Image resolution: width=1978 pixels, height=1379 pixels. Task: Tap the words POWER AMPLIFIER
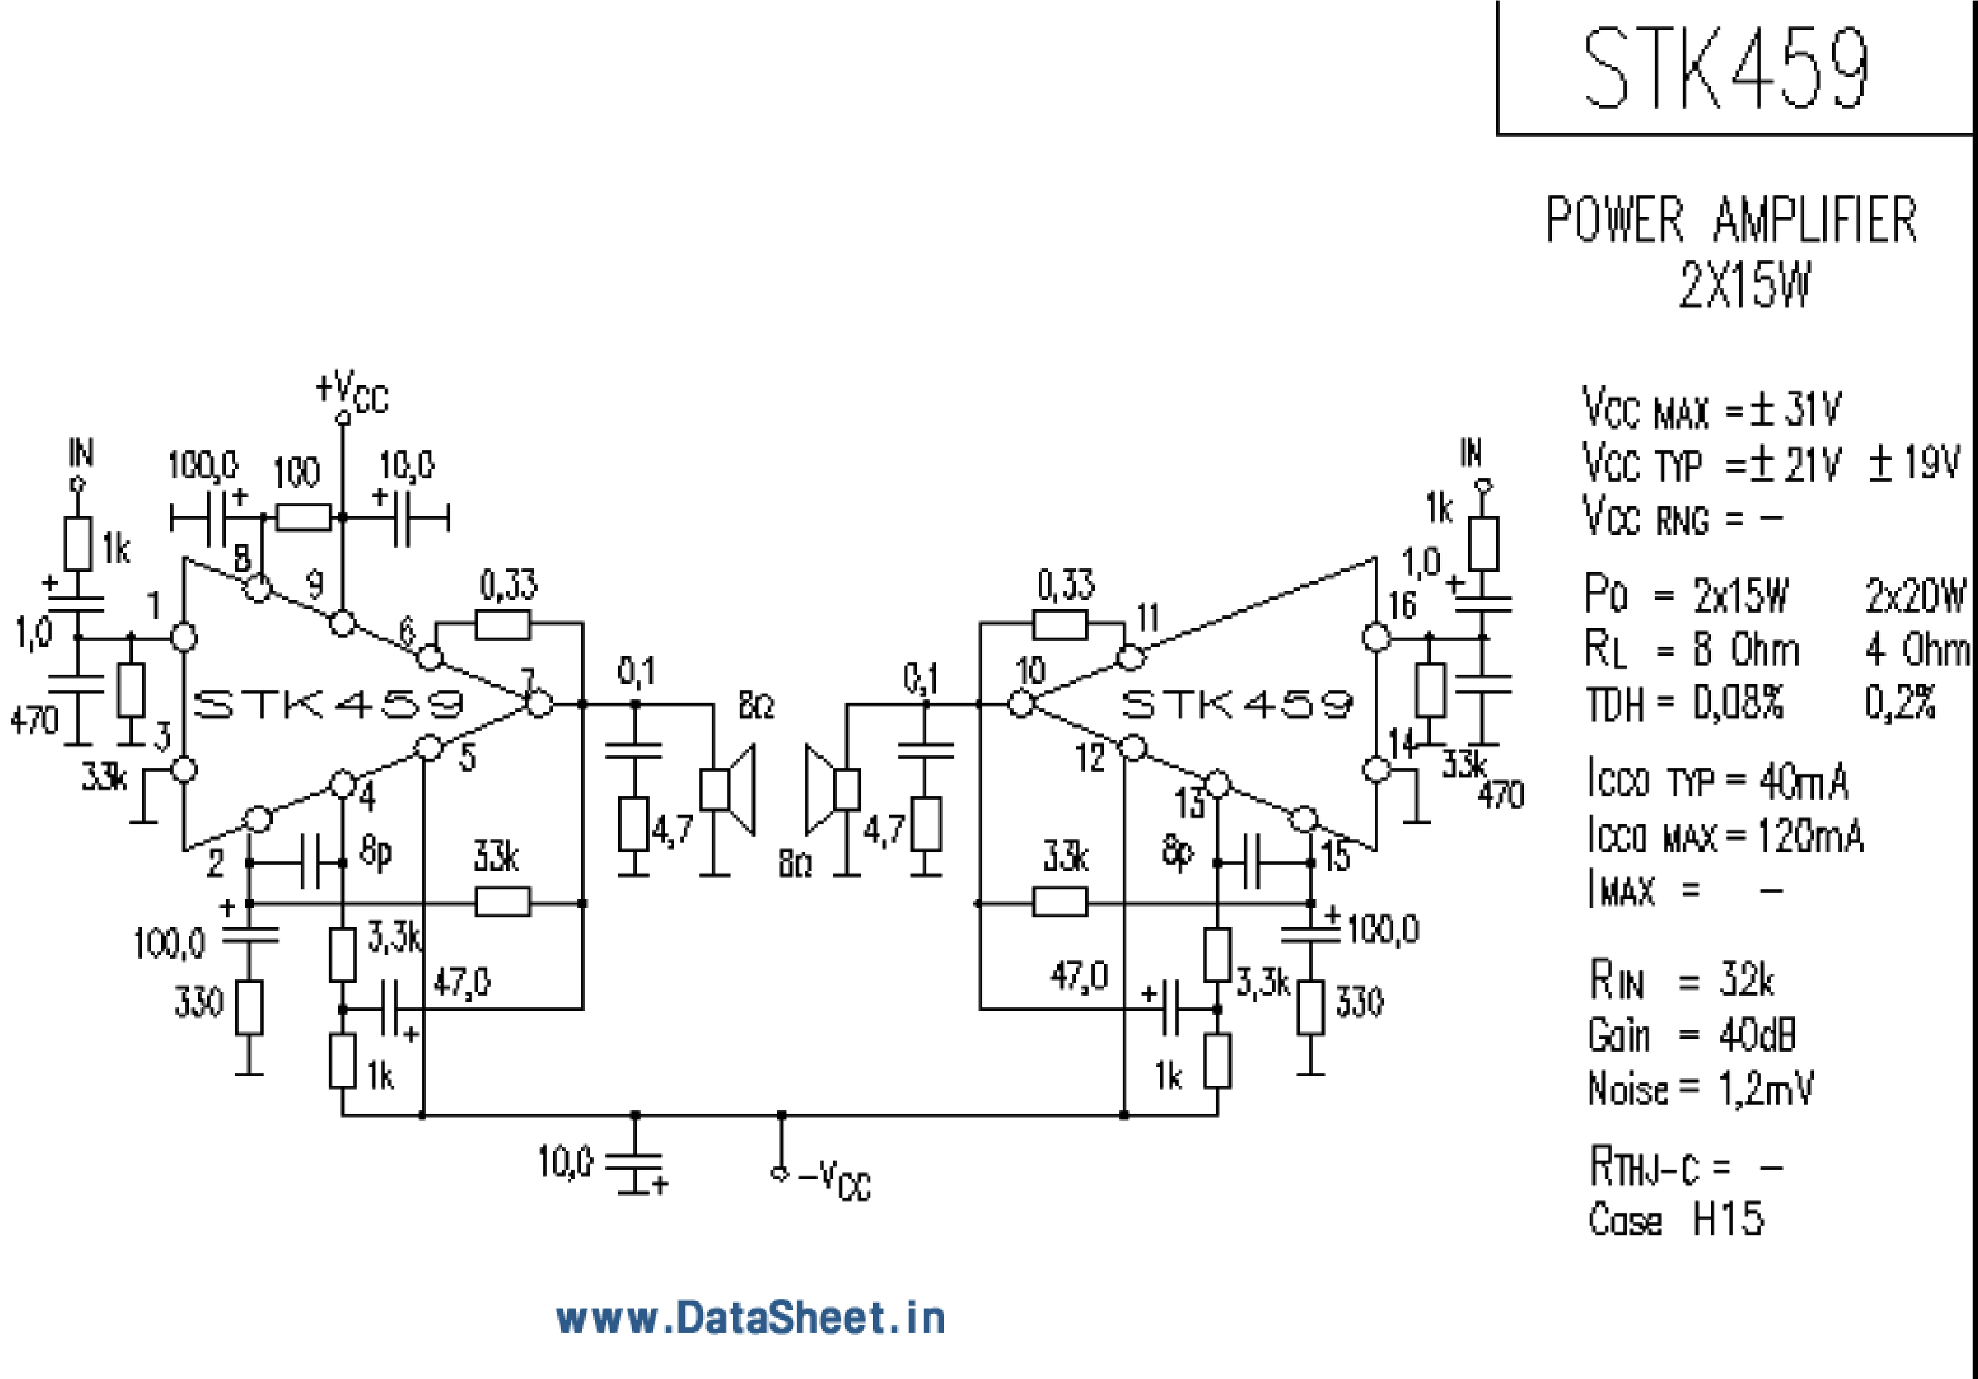(1732, 221)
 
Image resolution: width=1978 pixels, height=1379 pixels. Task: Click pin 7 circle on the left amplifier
(540, 704)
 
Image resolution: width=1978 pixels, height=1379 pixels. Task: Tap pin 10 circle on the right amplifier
(1021, 704)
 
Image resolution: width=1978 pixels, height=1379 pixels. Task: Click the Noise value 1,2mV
(1766, 1088)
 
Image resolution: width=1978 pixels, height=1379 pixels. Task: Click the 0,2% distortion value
(1899, 703)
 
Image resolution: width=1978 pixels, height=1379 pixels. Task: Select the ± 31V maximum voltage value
(1796, 409)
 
